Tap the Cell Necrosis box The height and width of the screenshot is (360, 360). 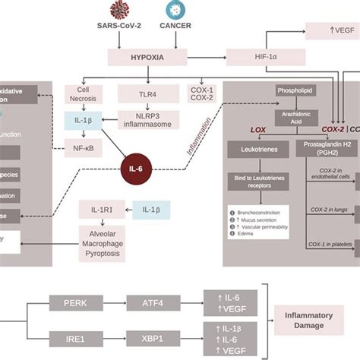(84, 95)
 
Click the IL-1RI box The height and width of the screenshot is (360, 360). (96, 207)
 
